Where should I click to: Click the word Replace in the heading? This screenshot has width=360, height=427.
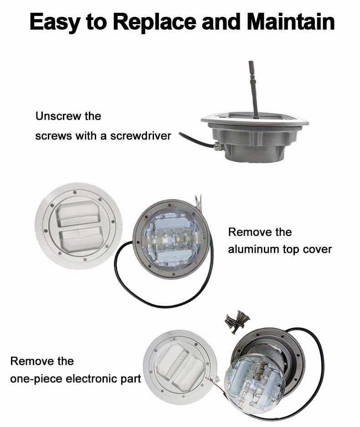point(154,22)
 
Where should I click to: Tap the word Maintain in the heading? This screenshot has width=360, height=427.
point(291,21)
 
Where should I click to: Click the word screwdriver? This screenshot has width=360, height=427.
point(140,135)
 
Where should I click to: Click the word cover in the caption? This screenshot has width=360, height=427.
point(317,249)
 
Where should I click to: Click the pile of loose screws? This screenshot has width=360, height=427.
point(237,322)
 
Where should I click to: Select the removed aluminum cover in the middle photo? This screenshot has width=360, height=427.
point(79,226)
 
